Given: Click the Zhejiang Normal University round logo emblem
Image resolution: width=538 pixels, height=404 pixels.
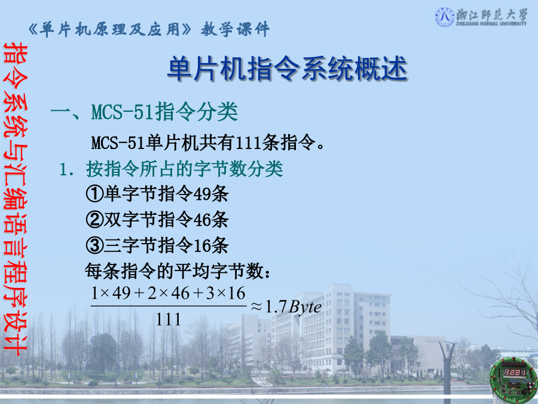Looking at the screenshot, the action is point(445,17).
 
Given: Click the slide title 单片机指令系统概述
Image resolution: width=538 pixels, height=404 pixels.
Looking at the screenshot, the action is point(287,69).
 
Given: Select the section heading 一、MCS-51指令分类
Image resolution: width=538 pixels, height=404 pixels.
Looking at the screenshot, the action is point(144,112).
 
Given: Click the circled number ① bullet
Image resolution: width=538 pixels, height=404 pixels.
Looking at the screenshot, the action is point(94,194).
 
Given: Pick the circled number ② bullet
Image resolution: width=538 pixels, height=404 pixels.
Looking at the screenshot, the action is point(94,220).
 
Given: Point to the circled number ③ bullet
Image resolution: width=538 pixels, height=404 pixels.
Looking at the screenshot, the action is point(94,245).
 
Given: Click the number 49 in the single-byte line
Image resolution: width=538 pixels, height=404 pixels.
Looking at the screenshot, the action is point(202,194).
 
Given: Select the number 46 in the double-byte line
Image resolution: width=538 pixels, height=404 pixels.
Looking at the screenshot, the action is point(202,220).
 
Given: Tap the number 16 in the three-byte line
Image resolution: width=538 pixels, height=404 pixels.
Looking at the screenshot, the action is point(202,245).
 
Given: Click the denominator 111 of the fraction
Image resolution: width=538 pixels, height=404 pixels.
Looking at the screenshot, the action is point(168,320).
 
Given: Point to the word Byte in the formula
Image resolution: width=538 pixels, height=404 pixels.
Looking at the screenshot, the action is point(305,307).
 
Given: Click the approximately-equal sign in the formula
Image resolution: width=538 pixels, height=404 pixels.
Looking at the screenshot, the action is point(256,306).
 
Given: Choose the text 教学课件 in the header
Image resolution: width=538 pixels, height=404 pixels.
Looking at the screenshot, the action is point(236,29).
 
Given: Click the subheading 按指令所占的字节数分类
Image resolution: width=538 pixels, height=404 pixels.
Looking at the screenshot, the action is point(185,169).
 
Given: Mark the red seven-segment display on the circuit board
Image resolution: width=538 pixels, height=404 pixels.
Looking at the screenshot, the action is point(514,372).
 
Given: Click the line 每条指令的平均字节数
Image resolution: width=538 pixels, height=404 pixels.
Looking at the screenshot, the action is point(178,271).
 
